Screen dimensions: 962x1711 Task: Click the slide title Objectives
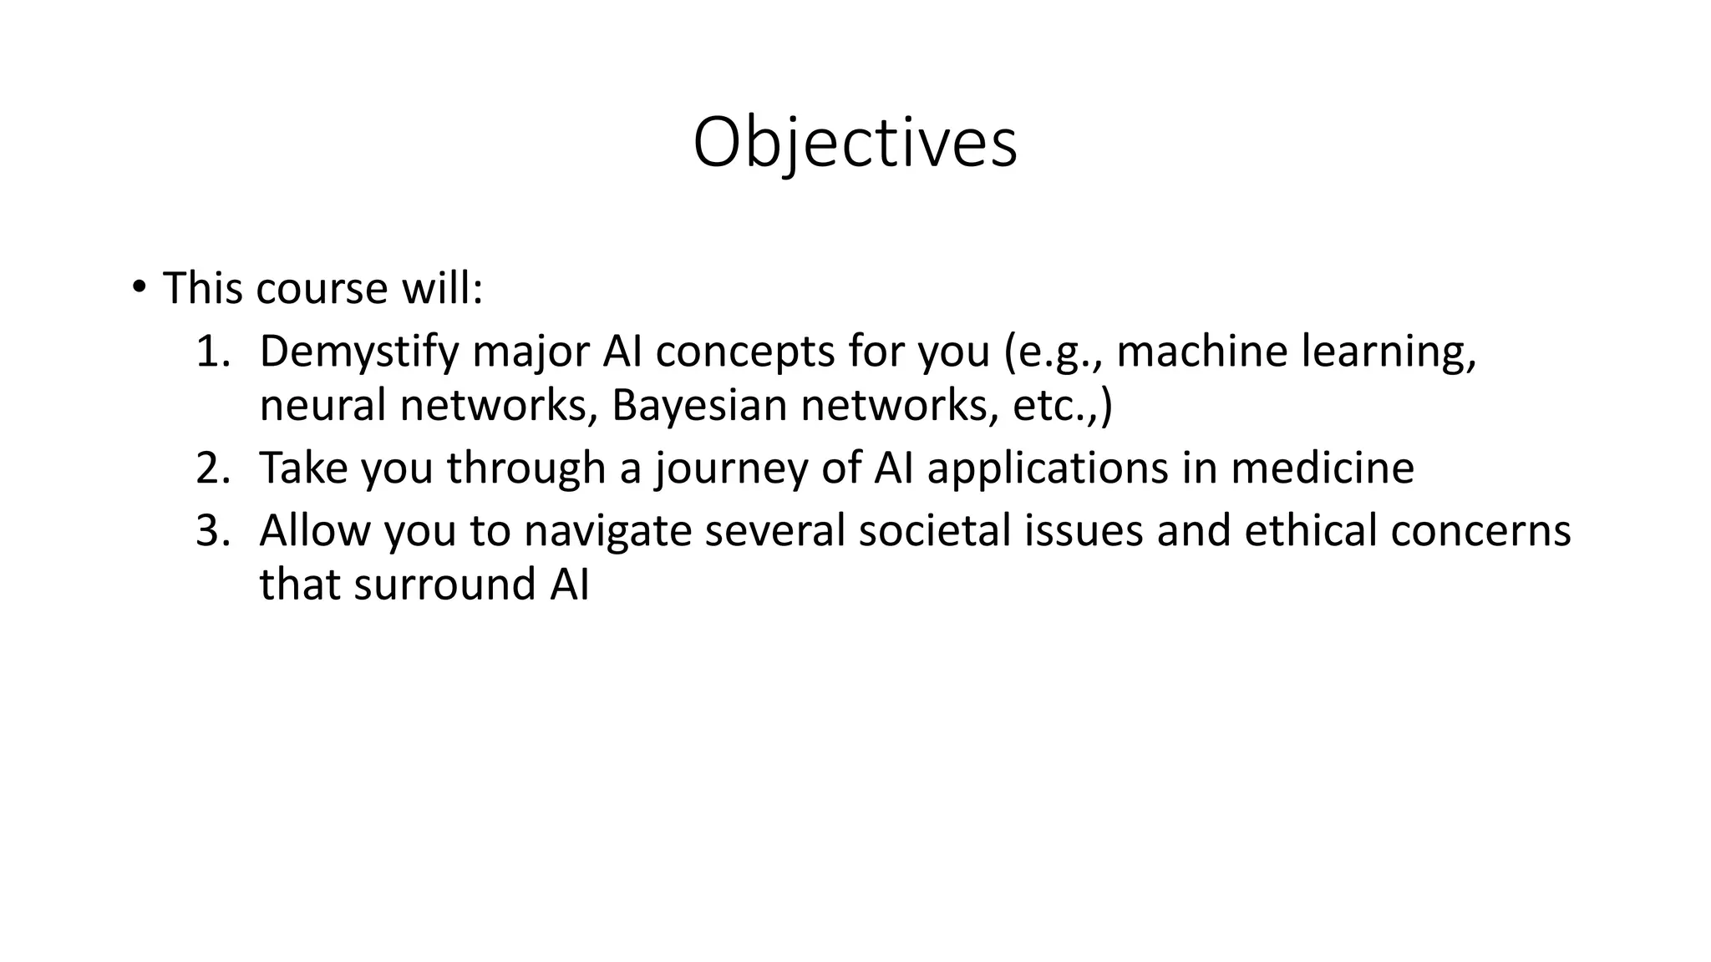coord(855,143)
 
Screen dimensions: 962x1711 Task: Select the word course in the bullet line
coord(322,289)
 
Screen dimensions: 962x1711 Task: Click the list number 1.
coord(211,352)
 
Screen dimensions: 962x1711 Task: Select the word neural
coord(322,406)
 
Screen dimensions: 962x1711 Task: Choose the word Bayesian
coord(699,406)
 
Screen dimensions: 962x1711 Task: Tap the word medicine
coord(1322,468)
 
